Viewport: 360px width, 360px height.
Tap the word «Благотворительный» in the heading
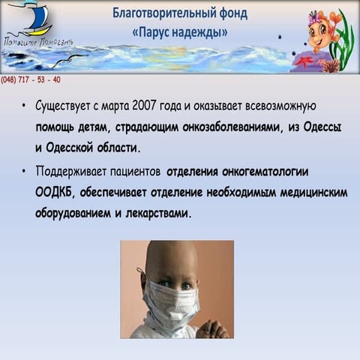coord(163,13)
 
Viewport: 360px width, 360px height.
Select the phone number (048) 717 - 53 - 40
coord(31,79)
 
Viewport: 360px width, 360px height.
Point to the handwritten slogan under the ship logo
coord(38,42)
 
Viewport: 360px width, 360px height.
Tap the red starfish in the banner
coord(304,61)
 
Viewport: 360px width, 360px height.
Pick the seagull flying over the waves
coord(69,59)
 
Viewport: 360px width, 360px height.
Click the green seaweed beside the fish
coord(343,40)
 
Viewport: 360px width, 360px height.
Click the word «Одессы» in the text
coord(322,127)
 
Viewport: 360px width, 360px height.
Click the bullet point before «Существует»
coord(23,106)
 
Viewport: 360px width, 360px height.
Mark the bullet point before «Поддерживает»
coord(23,172)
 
